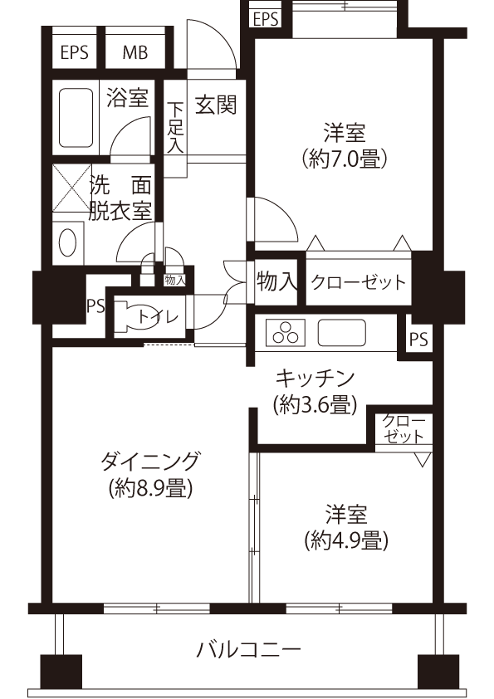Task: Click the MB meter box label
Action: tap(135, 52)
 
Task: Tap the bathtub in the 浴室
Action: tap(76, 117)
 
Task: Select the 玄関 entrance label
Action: tap(216, 105)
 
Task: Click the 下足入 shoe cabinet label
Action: tap(175, 128)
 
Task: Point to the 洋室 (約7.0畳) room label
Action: tap(345, 145)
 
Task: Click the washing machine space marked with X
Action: tap(71, 188)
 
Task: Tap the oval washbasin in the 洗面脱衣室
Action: tap(67, 242)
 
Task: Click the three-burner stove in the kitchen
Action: tap(286, 333)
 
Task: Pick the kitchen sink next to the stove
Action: tap(341, 333)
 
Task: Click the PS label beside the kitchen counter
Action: tap(418, 340)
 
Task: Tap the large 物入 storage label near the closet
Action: tap(276, 281)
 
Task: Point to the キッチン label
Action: tap(315, 379)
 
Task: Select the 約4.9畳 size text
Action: tap(346, 541)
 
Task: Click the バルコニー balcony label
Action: tap(249, 650)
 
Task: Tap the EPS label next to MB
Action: tap(75, 52)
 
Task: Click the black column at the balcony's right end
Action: tap(438, 672)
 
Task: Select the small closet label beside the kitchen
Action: tap(404, 428)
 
